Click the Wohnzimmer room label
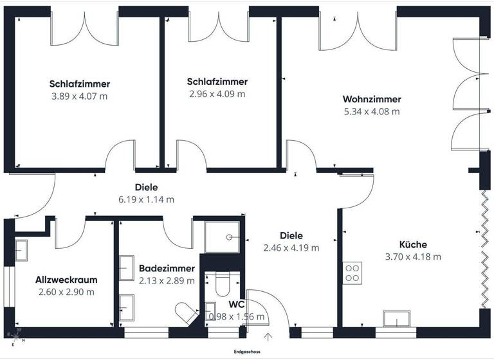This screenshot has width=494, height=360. click(x=372, y=100)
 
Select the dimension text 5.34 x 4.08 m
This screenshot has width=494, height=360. click(x=372, y=111)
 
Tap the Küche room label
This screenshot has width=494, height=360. click(x=413, y=245)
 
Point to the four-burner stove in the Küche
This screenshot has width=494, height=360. click(x=352, y=273)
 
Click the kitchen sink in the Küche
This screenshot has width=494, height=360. click(x=396, y=319)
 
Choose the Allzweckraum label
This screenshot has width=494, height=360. click(x=66, y=280)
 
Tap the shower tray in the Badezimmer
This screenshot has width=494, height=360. click(x=224, y=237)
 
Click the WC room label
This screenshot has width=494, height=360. click(x=236, y=305)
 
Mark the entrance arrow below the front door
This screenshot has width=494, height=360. click(x=268, y=336)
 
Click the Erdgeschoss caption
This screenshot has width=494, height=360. click(x=247, y=352)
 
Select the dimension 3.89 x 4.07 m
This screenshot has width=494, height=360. click(x=80, y=96)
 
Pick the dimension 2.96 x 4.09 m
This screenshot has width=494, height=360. click(x=217, y=94)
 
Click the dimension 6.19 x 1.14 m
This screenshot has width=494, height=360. click(x=147, y=199)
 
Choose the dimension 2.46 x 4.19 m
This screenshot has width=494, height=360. click(x=291, y=248)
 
